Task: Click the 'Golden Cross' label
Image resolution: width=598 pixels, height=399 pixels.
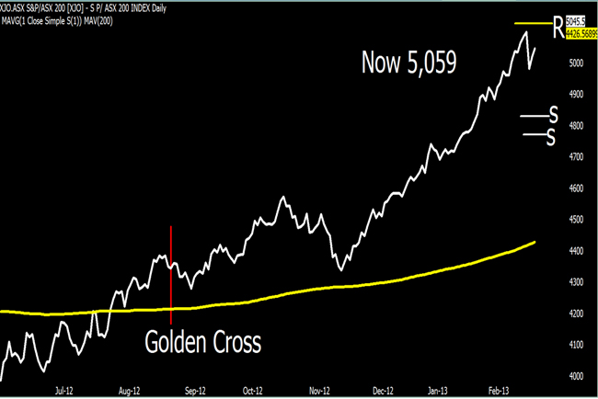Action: coord(202,343)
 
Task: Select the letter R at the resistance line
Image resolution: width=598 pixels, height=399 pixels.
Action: coord(558,25)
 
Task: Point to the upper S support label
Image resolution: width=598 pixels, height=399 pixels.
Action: coord(553,115)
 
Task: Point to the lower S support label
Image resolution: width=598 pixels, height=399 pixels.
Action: coord(551,136)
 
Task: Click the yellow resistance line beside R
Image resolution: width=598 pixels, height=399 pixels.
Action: coord(533,23)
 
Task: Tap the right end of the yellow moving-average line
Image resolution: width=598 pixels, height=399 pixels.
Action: coord(535,243)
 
